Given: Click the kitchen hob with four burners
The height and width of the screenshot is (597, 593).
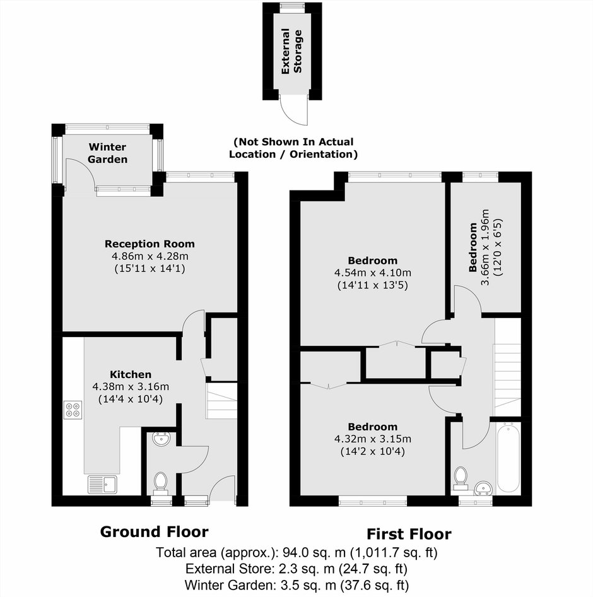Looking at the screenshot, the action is click(x=73, y=410).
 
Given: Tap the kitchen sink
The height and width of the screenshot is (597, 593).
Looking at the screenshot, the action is click(x=103, y=484).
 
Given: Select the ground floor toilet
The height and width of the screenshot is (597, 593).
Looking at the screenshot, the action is click(x=161, y=483).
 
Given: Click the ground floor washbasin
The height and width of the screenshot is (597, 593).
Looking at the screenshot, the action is click(x=161, y=439).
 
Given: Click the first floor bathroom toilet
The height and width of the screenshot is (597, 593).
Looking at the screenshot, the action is click(x=461, y=478).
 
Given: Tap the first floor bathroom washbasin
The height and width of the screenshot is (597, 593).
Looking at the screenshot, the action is click(x=484, y=487).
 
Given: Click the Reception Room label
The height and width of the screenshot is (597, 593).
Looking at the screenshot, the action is click(x=150, y=244).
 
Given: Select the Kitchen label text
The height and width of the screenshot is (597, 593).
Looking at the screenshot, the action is click(x=131, y=374).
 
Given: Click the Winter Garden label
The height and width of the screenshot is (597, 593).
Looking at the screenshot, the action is click(x=107, y=153).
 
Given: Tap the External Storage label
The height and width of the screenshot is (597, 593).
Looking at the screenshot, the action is click(x=291, y=51).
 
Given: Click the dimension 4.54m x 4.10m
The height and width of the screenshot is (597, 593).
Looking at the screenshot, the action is click(x=373, y=273).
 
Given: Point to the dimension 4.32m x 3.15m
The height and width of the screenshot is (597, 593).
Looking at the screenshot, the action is click(x=373, y=439).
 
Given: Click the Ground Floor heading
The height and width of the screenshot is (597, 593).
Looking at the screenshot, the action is click(x=154, y=531).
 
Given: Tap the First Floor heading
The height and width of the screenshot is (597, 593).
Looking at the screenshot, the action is click(x=409, y=534).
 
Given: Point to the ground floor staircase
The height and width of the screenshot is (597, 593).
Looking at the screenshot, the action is click(x=221, y=401).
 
